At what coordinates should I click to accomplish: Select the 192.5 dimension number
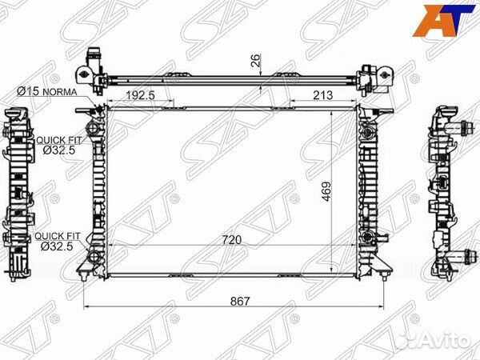[x=140, y=96]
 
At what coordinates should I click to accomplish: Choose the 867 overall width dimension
[x=239, y=302]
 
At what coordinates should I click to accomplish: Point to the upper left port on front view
[x=93, y=128]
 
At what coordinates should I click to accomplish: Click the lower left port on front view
[x=93, y=258]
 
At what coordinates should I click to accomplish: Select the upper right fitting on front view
[x=369, y=131]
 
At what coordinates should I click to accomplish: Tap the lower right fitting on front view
[x=369, y=238]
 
